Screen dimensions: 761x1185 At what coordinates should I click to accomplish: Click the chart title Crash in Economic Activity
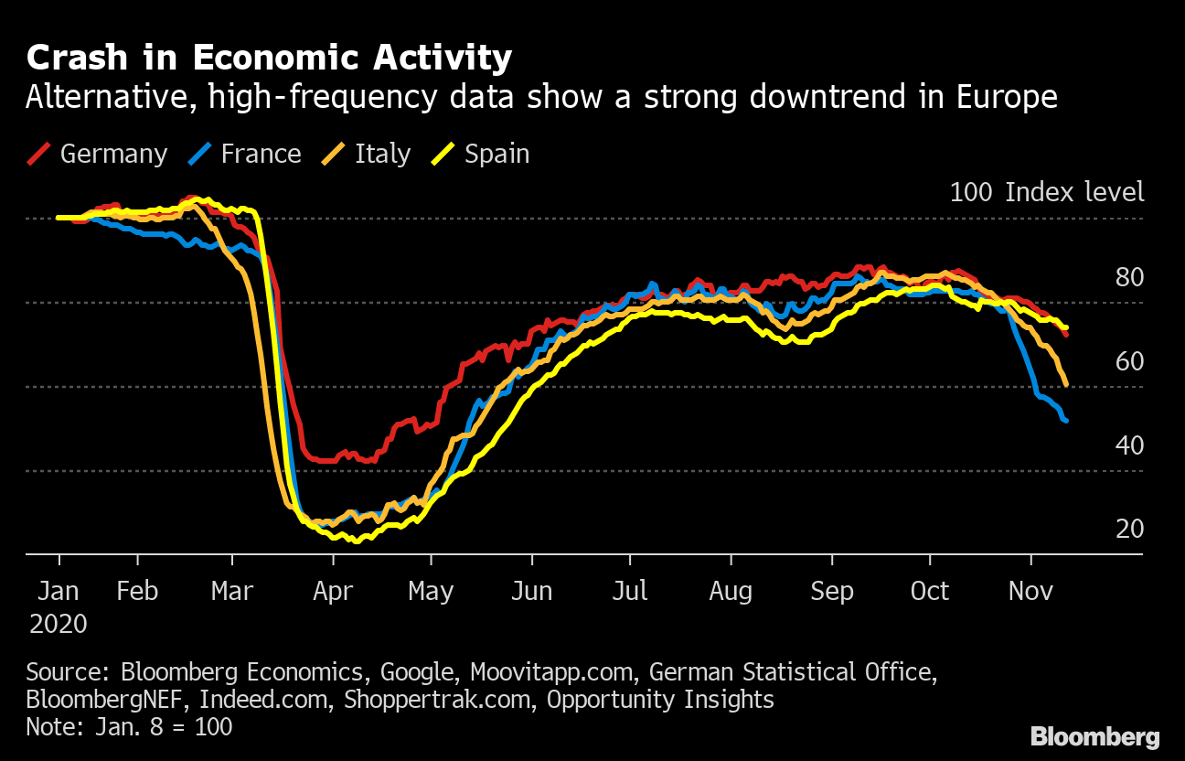(x=269, y=59)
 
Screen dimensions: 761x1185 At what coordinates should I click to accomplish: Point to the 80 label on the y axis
(x=1129, y=277)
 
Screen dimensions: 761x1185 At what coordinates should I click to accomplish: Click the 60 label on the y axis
(x=1129, y=361)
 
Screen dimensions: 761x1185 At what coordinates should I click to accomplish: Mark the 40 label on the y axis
(x=1129, y=445)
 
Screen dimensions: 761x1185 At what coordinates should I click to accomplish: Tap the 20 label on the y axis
(x=1129, y=529)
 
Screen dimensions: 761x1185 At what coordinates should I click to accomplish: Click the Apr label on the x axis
(x=333, y=592)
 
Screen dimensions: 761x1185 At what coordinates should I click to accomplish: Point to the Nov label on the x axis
(x=1030, y=592)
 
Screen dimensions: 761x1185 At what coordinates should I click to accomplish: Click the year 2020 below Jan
(x=59, y=625)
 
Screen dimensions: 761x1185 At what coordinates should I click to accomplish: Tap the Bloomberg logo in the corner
(x=1094, y=737)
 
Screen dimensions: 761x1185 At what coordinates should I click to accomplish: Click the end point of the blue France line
(x=1066, y=420)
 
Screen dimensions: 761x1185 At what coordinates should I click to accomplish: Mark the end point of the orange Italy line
(x=1066, y=383)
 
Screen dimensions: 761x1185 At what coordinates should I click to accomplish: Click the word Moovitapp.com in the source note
(x=551, y=673)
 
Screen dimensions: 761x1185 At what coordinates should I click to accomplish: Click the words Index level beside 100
(x=1074, y=192)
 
